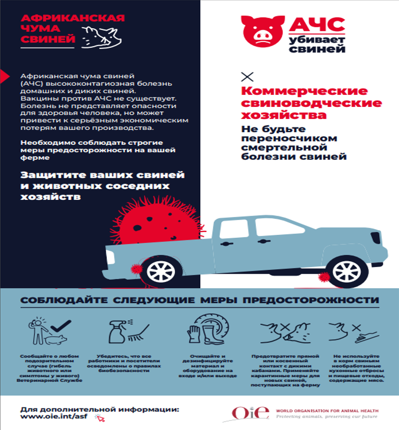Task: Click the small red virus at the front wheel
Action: coord(325,277)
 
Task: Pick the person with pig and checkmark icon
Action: coord(48,331)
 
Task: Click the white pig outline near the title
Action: coord(100,36)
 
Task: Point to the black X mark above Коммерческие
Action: coord(247,77)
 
